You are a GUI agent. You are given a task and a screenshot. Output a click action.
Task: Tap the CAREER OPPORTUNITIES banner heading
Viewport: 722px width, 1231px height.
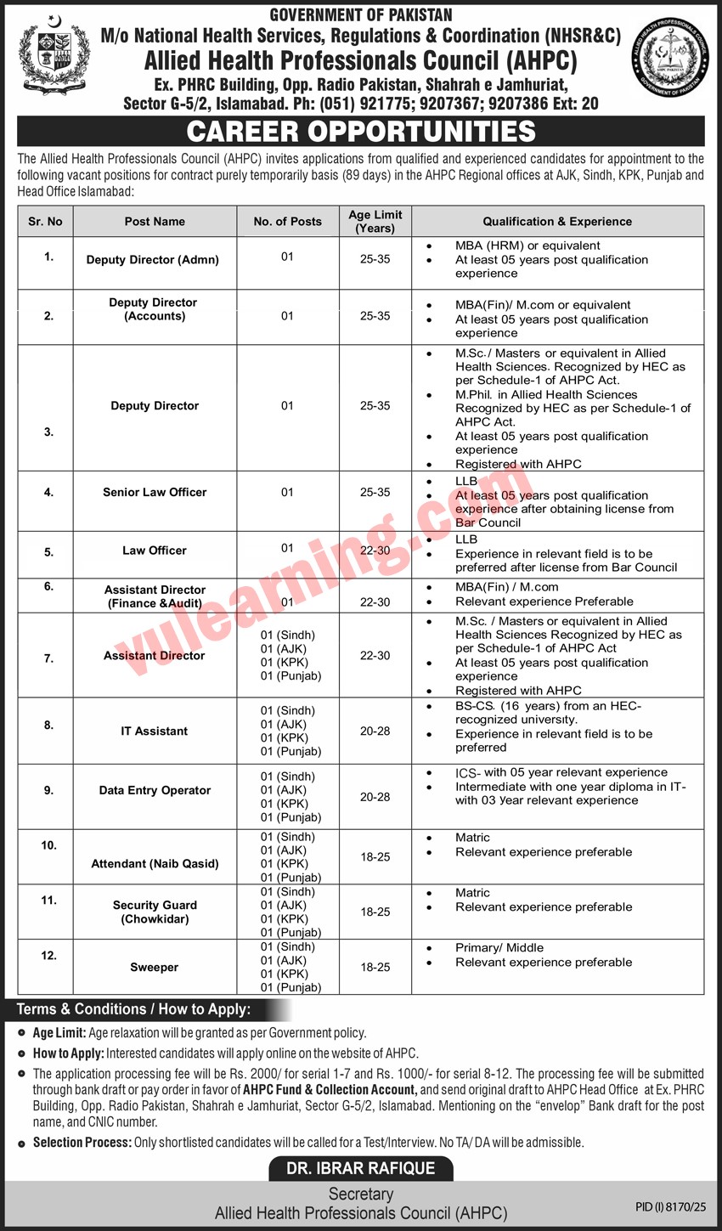[x=361, y=132]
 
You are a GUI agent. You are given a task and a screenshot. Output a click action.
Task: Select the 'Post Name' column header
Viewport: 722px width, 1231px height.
[x=155, y=222]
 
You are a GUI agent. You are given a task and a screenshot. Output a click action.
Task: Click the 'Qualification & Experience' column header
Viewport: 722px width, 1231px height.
[x=557, y=222]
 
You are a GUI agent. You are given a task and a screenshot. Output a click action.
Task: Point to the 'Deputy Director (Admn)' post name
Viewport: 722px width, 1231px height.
[x=153, y=260]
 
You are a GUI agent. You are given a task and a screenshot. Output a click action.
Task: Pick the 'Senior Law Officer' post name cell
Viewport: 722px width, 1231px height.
[x=155, y=492]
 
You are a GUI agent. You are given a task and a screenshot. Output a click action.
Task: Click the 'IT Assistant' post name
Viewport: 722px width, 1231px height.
[x=154, y=731]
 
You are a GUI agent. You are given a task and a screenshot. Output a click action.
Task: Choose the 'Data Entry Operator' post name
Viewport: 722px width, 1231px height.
[x=155, y=790]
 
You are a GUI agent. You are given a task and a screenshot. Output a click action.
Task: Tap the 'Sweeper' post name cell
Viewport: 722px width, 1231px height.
[x=155, y=967]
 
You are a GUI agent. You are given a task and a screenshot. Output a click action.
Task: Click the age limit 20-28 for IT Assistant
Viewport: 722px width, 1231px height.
[x=375, y=731]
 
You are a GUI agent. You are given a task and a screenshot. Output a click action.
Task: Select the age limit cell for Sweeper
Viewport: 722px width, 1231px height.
[x=375, y=967]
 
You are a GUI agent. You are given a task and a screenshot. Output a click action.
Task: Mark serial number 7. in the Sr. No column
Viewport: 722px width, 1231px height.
[x=48, y=658]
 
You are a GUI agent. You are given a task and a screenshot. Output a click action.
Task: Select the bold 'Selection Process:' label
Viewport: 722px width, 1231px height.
[x=82, y=1143]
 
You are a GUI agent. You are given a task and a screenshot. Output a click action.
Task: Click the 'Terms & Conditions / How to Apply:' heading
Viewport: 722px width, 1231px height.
[x=133, y=1009]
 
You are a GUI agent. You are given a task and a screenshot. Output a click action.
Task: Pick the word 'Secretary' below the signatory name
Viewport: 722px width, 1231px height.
[x=361, y=1194]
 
